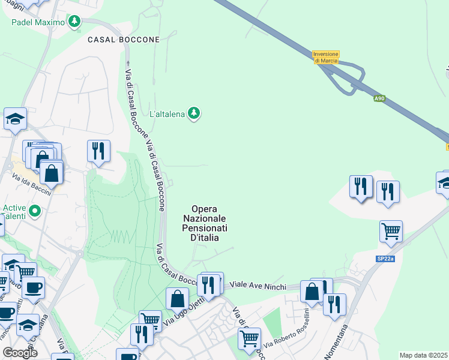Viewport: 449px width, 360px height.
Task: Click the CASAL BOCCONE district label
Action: (124, 40)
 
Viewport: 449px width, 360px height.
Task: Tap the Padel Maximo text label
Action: (38, 23)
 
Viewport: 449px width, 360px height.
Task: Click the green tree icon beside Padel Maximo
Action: (74, 22)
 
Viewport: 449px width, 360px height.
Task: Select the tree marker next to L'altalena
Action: (194, 113)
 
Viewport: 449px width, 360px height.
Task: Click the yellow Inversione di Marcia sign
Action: (326, 57)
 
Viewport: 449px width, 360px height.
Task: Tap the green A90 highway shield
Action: (379, 98)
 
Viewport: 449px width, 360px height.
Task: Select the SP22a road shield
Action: (385, 259)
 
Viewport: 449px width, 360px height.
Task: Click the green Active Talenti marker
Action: (35, 211)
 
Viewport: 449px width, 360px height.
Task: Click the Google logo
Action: (20, 353)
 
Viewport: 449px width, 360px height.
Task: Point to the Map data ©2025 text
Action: (424, 355)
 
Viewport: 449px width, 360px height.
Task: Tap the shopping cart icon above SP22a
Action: (391, 230)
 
